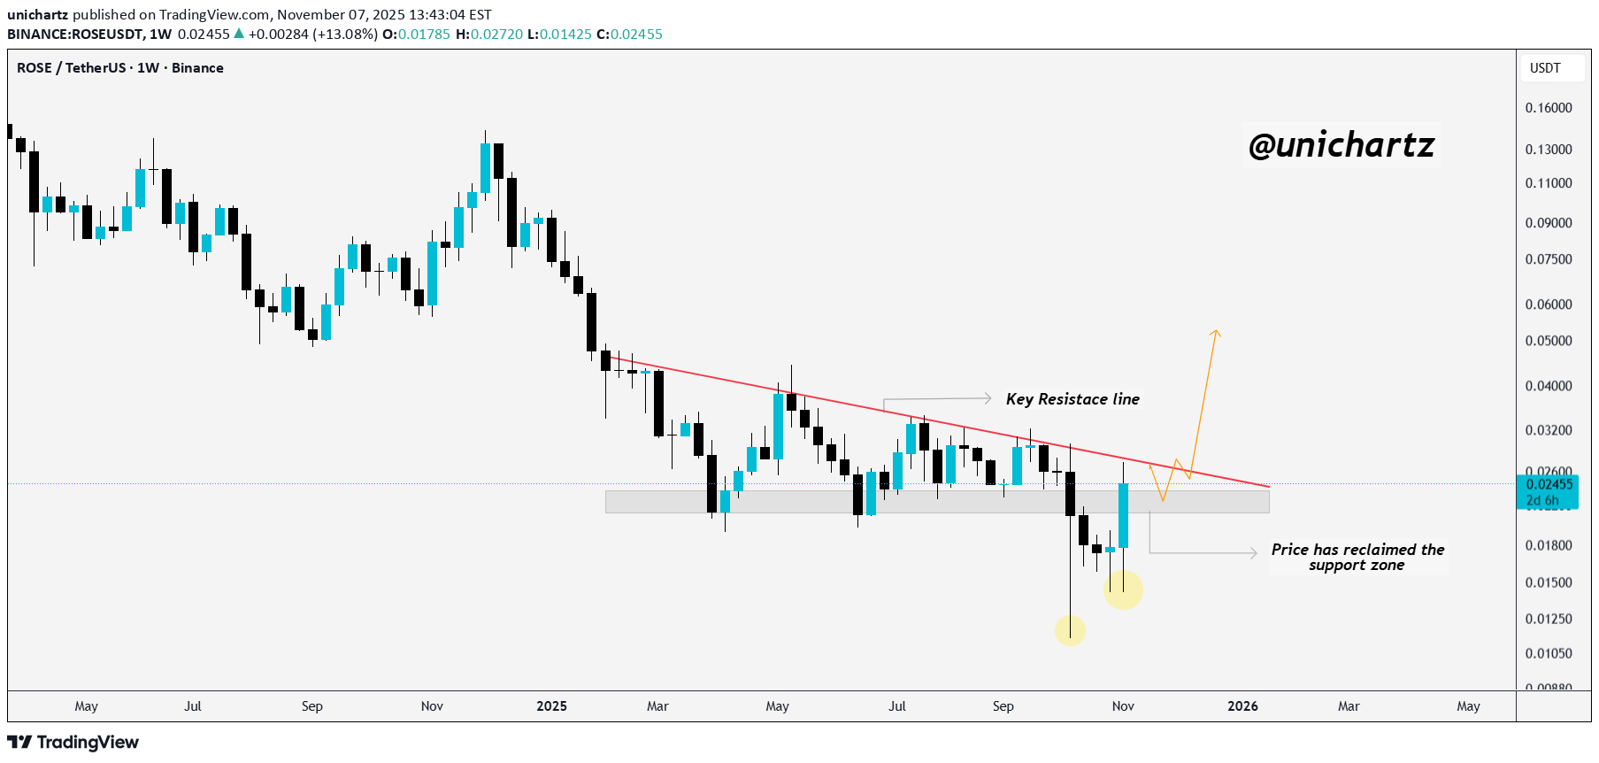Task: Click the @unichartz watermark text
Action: pyautogui.click(x=1341, y=145)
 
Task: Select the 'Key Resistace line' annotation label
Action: pyautogui.click(x=1072, y=399)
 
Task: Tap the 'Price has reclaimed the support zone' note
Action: pyautogui.click(x=1357, y=557)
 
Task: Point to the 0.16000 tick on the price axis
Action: pyautogui.click(x=1549, y=108)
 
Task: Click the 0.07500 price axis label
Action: pyautogui.click(x=1549, y=259)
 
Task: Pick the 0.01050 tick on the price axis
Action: pyautogui.click(x=1549, y=653)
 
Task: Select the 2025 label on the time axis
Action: pyautogui.click(x=551, y=706)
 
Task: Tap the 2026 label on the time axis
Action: pyautogui.click(x=1242, y=706)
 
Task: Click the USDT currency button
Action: pyautogui.click(x=1545, y=68)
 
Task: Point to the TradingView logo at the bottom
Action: pyautogui.click(x=73, y=742)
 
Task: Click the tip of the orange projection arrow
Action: pyautogui.click(x=1217, y=331)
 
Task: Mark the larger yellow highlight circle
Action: pyautogui.click(x=1123, y=590)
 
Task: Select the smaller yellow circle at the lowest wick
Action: pyautogui.click(x=1070, y=630)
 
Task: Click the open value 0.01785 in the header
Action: pyautogui.click(x=424, y=35)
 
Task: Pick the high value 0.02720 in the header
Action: pyautogui.click(x=496, y=35)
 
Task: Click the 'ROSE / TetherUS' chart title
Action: pyautogui.click(x=71, y=68)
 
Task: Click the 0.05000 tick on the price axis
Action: pyautogui.click(x=1549, y=341)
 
